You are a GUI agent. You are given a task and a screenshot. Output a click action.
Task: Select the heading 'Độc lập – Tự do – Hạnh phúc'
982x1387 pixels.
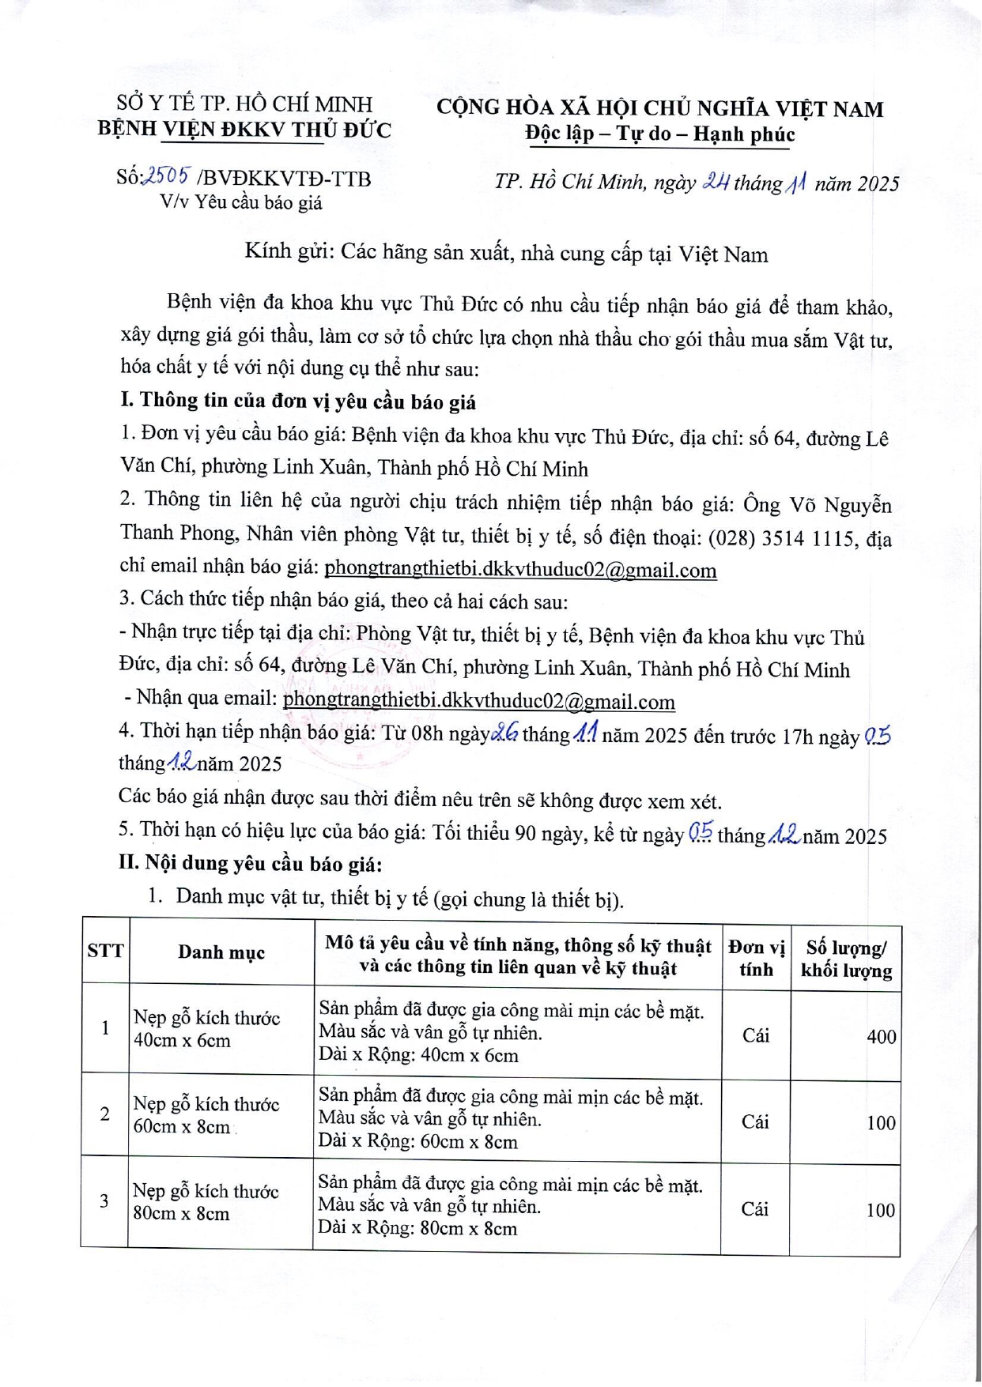[660, 134]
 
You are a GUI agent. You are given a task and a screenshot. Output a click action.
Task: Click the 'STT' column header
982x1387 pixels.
[105, 951]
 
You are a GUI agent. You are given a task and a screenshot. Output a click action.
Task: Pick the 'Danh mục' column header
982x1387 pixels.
[221, 952]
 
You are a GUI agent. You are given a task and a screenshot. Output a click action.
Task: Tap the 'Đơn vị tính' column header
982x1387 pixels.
[756, 957]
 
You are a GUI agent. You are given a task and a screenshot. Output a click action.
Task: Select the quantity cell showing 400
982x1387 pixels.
[881, 1036]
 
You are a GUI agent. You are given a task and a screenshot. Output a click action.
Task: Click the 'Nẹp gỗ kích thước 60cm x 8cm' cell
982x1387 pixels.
[206, 1115]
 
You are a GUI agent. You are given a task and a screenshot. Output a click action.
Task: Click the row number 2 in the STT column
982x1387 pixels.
[105, 1114]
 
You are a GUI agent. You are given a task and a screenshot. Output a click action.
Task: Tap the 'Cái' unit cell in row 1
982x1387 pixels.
[756, 1035]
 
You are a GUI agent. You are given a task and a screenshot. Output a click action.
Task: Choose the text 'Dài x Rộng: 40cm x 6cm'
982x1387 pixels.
[418, 1055]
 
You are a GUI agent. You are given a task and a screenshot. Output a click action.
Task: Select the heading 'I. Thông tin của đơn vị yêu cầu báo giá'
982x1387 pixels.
[298, 401]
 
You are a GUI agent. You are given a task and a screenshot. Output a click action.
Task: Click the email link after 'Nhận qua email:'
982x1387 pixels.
[478, 701]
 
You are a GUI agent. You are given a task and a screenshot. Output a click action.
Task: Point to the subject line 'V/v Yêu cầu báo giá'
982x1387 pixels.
[241, 202]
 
